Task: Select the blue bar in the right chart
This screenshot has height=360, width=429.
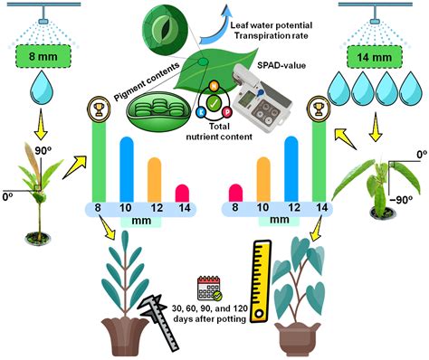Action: point(291,168)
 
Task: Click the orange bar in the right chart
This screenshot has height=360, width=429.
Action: point(263,178)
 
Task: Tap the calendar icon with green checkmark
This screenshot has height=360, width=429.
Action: point(208,289)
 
